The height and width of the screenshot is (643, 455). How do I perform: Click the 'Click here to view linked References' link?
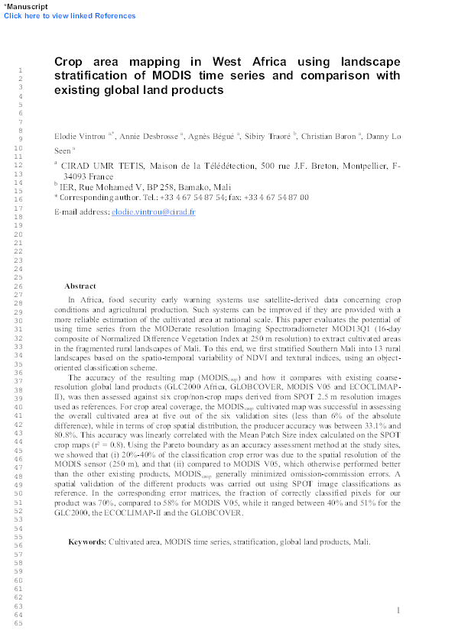70,15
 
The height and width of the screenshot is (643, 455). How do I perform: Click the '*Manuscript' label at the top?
26,6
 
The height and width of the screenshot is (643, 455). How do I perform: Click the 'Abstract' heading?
80,286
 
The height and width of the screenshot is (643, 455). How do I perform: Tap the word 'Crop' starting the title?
71,63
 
